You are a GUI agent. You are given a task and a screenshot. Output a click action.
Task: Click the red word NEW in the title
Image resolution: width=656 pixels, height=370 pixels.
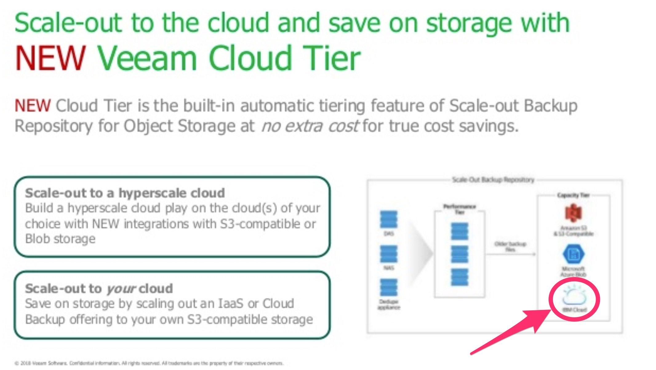click(x=50, y=58)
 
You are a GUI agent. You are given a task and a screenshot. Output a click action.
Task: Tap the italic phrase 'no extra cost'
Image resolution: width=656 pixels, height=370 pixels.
click(x=310, y=126)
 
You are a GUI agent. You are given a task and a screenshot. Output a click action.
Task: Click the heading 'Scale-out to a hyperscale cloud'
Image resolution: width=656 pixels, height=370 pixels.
click(x=125, y=193)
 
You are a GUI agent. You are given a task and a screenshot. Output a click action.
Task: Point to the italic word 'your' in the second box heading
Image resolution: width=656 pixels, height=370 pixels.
click(x=121, y=289)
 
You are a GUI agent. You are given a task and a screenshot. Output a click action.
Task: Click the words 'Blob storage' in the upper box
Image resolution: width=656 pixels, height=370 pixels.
click(x=60, y=239)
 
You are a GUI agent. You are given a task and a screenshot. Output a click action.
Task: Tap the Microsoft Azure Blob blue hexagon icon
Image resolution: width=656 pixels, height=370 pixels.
click(x=573, y=254)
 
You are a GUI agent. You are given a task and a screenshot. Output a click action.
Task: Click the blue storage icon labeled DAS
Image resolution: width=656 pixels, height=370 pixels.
click(x=389, y=219)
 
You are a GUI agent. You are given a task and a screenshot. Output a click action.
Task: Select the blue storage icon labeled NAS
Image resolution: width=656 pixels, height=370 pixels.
click(x=389, y=254)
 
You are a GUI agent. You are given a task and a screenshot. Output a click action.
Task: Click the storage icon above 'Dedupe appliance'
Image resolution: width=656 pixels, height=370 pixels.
click(x=389, y=288)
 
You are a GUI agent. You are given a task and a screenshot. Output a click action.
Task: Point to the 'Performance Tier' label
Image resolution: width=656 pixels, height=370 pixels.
click(x=459, y=209)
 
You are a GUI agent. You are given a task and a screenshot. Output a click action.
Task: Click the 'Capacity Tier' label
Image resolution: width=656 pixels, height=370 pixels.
click(x=573, y=195)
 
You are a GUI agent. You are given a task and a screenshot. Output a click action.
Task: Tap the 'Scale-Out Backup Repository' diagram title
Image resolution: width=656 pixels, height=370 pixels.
click(x=493, y=180)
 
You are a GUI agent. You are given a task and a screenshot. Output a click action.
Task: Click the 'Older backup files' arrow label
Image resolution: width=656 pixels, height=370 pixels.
click(x=510, y=247)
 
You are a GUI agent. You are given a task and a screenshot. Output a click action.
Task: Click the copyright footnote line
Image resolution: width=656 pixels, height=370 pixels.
click(x=149, y=363)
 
